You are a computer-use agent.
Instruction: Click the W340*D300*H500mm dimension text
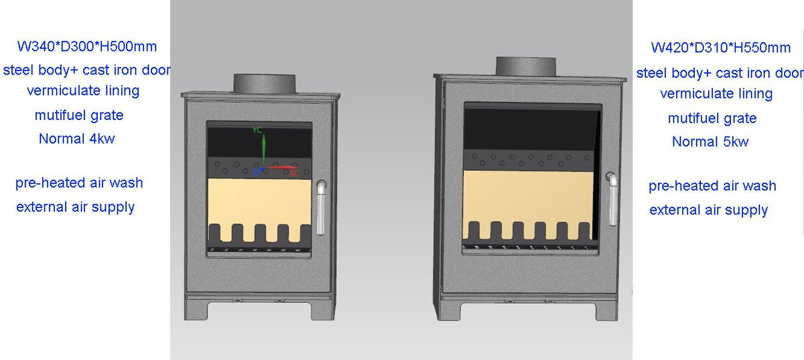pos(87,47)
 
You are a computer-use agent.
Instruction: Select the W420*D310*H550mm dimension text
pos(721,48)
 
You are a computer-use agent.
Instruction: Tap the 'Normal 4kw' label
pos(77,139)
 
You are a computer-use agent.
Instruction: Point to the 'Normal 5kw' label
pos(710,141)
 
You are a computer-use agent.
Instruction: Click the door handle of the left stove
pos(321,208)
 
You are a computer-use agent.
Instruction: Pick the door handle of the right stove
pos(612,198)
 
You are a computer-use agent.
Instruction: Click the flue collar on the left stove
pos(264,83)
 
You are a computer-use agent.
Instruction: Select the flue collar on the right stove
pos(526,66)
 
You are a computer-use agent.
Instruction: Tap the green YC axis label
pos(257,129)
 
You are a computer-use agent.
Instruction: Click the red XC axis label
pos(294,174)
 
